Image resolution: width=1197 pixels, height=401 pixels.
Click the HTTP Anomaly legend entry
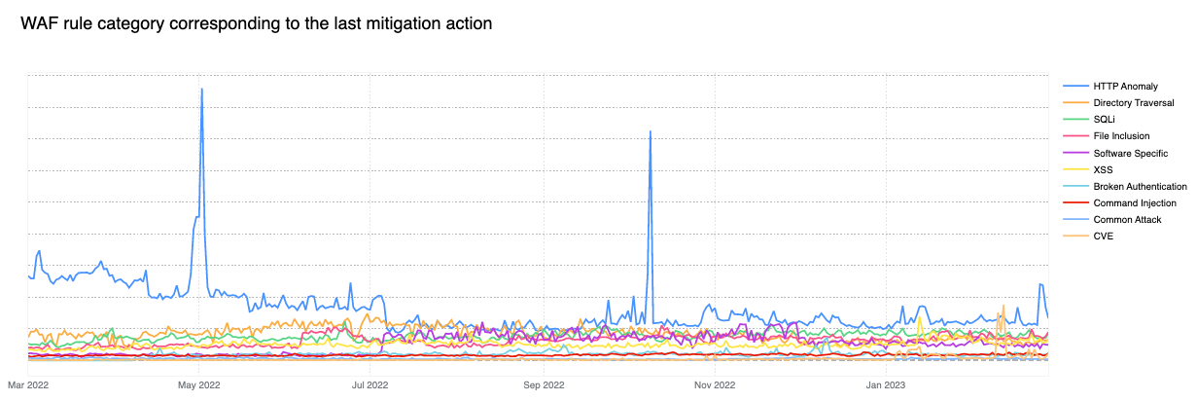tap(1125, 87)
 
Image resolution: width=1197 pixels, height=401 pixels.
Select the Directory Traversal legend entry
tap(1133, 103)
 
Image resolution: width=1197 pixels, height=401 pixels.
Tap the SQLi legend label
tap(1104, 120)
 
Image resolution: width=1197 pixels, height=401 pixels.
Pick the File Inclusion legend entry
tap(1121, 136)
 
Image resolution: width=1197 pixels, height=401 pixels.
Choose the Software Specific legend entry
tap(1130, 153)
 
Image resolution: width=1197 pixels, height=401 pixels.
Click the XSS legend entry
tap(1103, 169)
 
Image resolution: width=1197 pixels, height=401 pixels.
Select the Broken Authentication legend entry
tap(1140, 186)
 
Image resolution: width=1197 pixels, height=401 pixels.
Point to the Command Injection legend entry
tap(1134, 202)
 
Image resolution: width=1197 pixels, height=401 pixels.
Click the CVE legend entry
tap(1103, 236)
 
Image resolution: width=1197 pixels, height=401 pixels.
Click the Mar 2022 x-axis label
tap(28, 385)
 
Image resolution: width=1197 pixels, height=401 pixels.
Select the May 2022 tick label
tap(198, 385)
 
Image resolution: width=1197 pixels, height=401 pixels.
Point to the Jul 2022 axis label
tap(370, 385)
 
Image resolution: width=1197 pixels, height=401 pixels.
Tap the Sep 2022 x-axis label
tap(543, 385)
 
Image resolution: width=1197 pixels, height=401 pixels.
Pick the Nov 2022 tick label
tap(714, 385)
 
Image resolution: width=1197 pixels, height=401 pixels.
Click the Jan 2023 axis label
tap(885, 385)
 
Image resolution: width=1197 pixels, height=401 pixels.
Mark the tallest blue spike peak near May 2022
tap(201, 90)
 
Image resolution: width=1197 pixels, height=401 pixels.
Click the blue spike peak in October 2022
tap(650, 131)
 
